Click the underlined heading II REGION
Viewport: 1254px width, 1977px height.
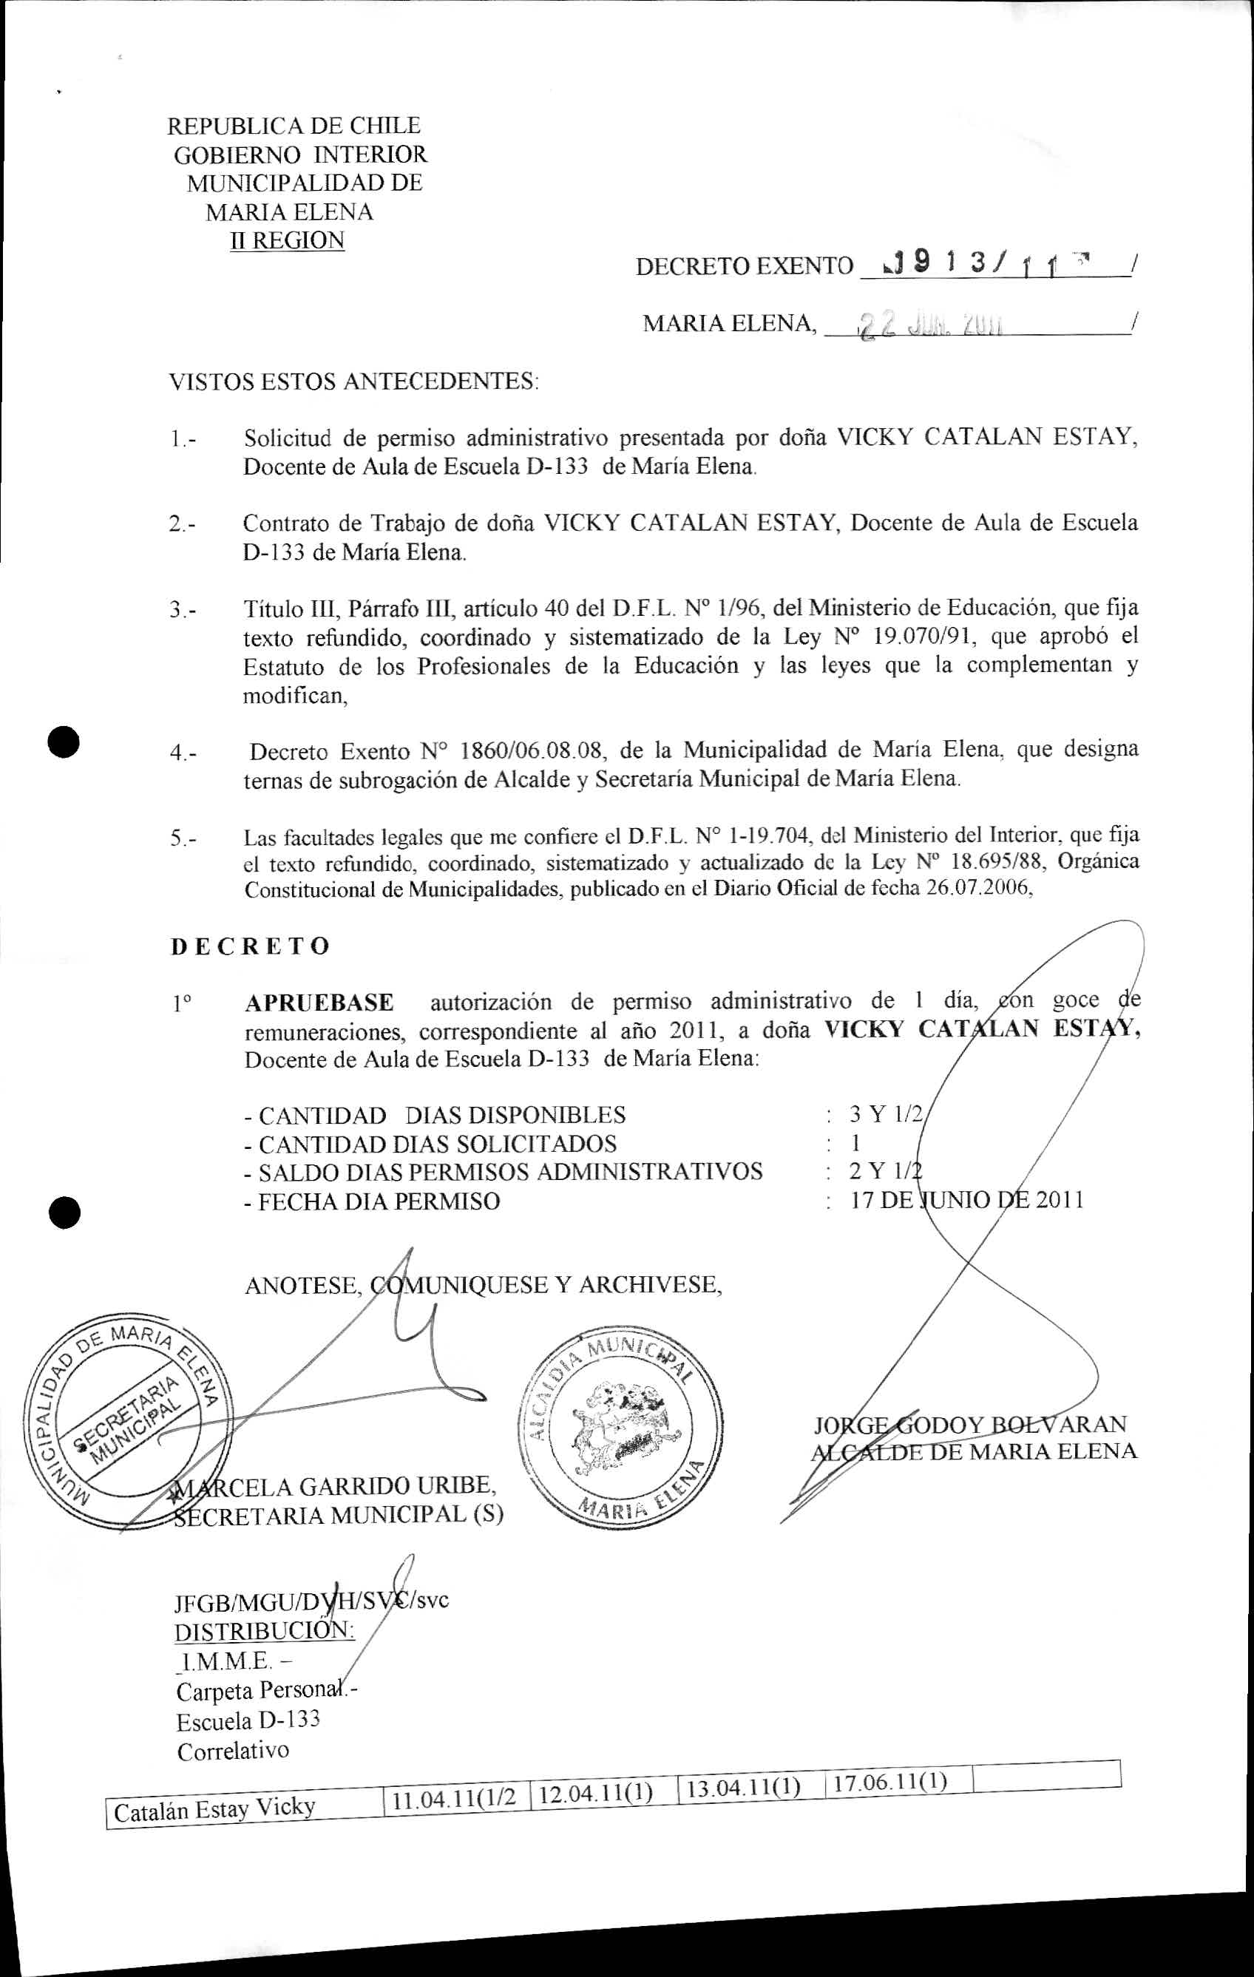point(288,240)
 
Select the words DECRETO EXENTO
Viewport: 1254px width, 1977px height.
point(744,266)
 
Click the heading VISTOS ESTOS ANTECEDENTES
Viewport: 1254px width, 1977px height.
point(353,382)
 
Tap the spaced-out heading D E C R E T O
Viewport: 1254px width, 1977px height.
point(250,946)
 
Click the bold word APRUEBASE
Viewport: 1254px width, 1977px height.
point(319,1003)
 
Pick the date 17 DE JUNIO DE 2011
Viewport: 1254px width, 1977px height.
point(966,1201)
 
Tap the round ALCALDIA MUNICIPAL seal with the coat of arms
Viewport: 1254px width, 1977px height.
point(614,1430)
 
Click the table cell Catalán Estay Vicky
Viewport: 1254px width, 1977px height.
point(215,1807)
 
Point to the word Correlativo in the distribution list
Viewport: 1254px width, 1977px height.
point(233,1752)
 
